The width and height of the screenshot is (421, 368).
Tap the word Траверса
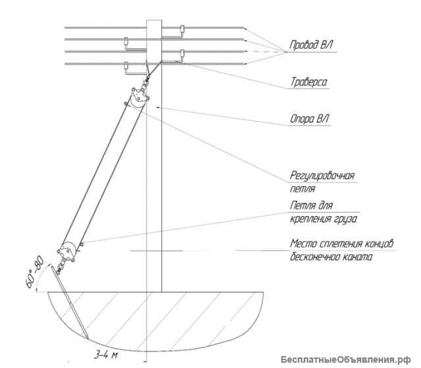pyautogui.click(x=309, y=82)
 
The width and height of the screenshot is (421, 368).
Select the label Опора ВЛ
pyautogui.click(x=310, y=118)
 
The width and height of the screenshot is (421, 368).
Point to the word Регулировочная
pyautogui.click(x=322, y=176)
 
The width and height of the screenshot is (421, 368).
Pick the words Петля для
pyautogui.click(x=311, y=206)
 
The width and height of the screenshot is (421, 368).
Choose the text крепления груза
pyautogui.click(x=324, y=219)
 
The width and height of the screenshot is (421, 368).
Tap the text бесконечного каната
pyautogui.click(x=331, y=257)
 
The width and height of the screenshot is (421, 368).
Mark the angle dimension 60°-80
pyautogui.click(x=34, y=273)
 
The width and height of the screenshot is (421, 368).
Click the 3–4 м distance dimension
pyautogui.click(x=106, y=355)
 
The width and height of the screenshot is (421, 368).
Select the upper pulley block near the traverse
pyautogui.click(x=139, y=97)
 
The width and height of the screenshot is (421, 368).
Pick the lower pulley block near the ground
pyautogui.click(x=67, y=252)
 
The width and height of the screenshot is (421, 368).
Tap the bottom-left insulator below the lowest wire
pyautogui.click(x=126, y=66)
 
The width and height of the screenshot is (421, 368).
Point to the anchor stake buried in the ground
pyautogui.click(x=70, y=302)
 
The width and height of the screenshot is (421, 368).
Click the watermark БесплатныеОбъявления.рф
pyautogui.click(x=346, y=359)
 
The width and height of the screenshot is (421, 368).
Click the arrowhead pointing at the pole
pyautogui.click(x=159, y=107)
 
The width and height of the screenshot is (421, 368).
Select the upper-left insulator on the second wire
pyautogui.click(x=126, y=41)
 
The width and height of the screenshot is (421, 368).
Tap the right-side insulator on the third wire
pyautogui.click(x=182, y=53)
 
